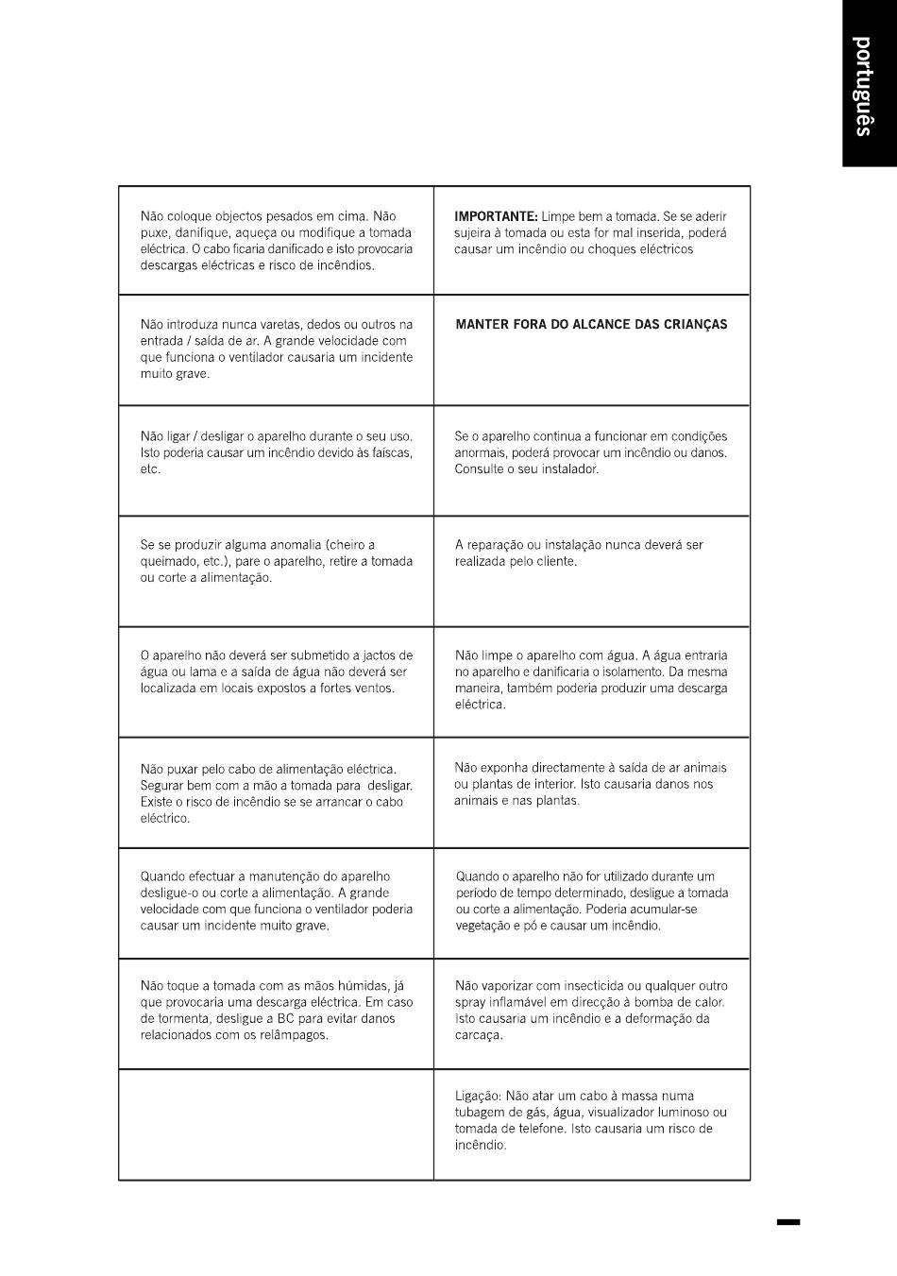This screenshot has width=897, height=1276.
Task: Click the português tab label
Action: [862, 86]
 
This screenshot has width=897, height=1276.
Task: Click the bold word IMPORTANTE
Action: [496, 216]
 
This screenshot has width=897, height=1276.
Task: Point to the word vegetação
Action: [482, 926]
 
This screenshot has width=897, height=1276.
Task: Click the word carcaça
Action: [479, 1035]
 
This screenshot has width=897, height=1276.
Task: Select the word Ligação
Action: [477, 1097]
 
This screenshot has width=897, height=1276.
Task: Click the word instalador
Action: [567, 469]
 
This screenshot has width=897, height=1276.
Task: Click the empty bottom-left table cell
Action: [276, 1124]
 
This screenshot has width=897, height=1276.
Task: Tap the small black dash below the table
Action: [788, 1222]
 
